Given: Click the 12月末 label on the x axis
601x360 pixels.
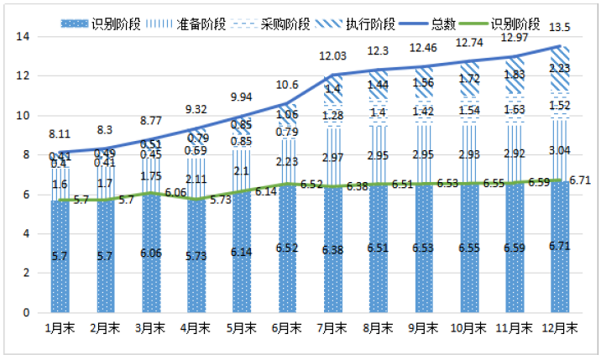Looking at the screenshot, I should tap(561, 329).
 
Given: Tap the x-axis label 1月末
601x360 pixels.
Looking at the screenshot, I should tap(60, 329).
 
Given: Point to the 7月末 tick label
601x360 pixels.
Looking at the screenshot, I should tap(333, 329).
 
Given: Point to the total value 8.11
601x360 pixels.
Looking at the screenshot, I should tap(59, 134).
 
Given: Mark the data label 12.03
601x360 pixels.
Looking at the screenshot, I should tap(332, 55).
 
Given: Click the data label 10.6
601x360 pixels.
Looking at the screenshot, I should tap(286, 85).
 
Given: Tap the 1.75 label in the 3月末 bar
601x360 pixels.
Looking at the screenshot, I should tap(150, 176).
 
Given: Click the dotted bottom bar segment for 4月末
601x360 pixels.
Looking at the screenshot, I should tap(196, 256).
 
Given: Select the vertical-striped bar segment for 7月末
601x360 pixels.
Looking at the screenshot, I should tap(332, 157).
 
